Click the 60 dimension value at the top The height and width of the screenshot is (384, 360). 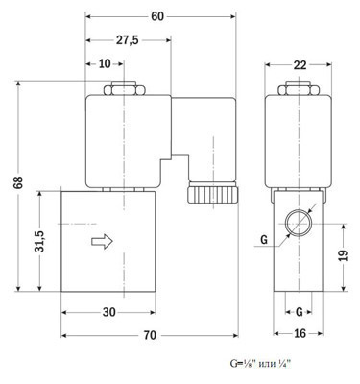[157, 16]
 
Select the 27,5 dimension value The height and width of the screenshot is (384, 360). [127, 40]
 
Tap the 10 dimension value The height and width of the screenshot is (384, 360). [105, 63]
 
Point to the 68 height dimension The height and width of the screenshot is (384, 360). [19, 182]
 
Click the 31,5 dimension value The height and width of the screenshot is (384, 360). [40, 241]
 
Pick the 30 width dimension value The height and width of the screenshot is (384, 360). [109, 312]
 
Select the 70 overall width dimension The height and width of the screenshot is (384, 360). [150, 335]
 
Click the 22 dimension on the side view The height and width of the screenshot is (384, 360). [300, 65]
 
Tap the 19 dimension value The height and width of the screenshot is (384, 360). [343, 255]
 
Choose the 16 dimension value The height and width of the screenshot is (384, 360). [300, 333]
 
